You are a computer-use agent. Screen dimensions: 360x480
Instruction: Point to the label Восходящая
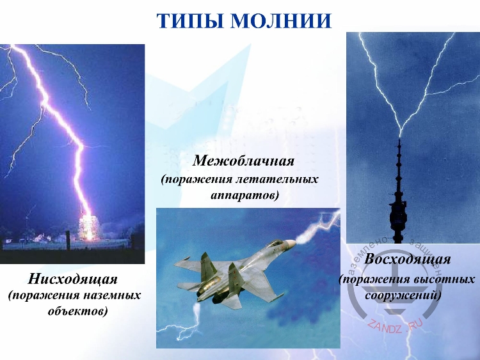(408, 260)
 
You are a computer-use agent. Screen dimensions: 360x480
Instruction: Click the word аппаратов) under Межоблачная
(244, 194)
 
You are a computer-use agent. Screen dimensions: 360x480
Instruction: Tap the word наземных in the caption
(111, 295)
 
